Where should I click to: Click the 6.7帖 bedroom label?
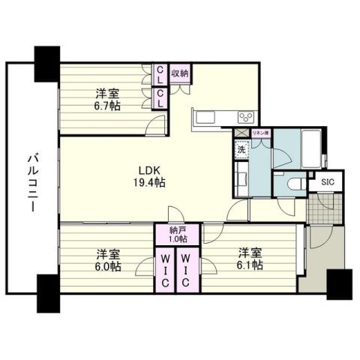point(107,100)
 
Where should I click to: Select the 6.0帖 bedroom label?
point(107,259)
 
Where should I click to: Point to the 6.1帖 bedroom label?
point(250,259)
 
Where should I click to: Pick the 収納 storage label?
point(179,73)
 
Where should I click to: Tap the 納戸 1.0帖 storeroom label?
point(178,235)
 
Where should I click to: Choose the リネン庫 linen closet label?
point(260,133)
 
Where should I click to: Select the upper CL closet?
point(160,73)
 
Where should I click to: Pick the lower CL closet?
point(160,97)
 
